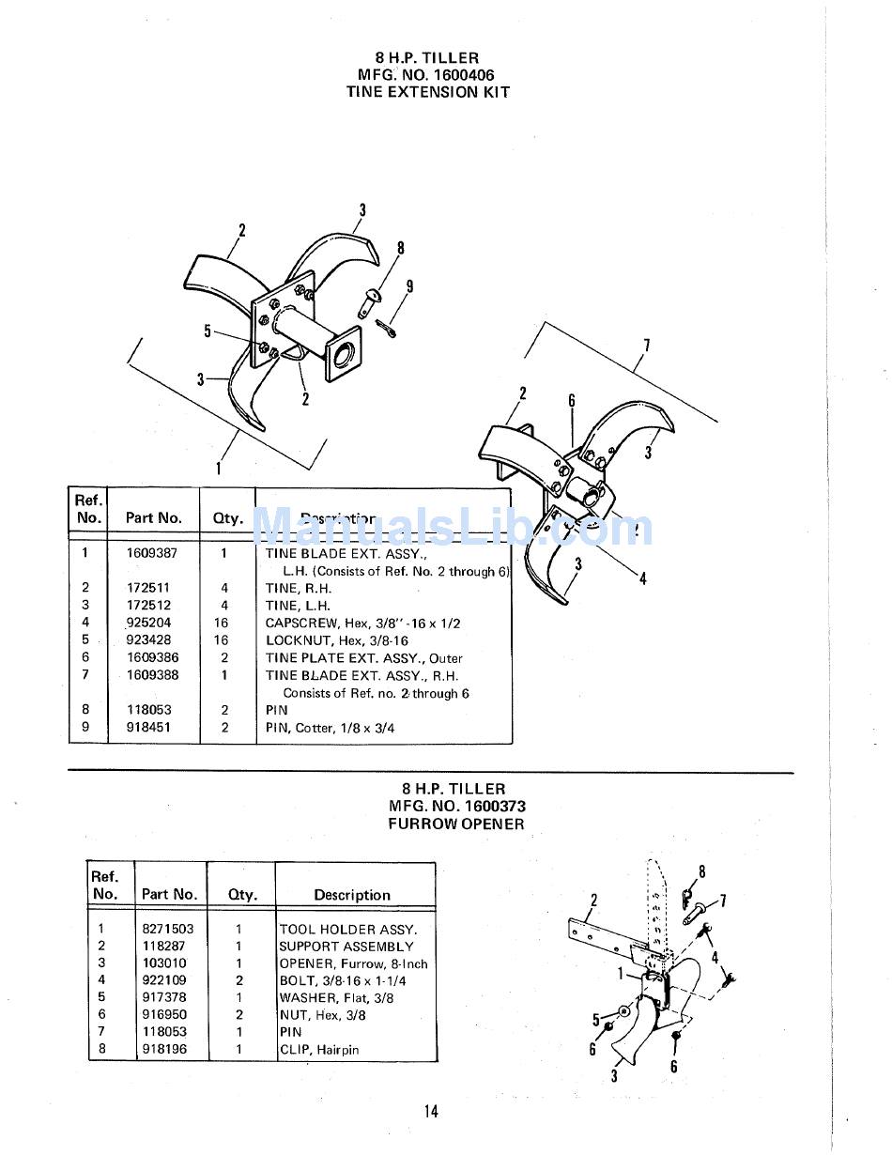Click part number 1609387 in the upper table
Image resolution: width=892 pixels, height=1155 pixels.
[x=151, y=553]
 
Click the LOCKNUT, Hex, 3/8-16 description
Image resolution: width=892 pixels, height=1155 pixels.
[x=336, y=640]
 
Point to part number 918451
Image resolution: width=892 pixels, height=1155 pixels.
[x=148, y=728]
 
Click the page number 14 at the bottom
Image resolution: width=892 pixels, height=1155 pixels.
[x=431, y=1112]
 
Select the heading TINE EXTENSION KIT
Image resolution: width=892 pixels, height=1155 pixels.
[x=427, y=92]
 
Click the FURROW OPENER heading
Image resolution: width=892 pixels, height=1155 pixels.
[x=456, y=824]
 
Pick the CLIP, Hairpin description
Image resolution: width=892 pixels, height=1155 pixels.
[x=319, y=1050]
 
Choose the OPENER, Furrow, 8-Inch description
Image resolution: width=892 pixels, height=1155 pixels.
[x=353, y=963]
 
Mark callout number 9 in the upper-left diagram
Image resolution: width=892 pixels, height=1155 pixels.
[x=409, y=286]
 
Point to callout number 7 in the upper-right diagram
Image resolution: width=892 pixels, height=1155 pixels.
[x=646, y=346]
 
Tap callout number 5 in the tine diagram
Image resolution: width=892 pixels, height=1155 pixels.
[x=208, y=331]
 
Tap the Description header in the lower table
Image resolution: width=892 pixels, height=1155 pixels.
[x=352, y=895]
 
